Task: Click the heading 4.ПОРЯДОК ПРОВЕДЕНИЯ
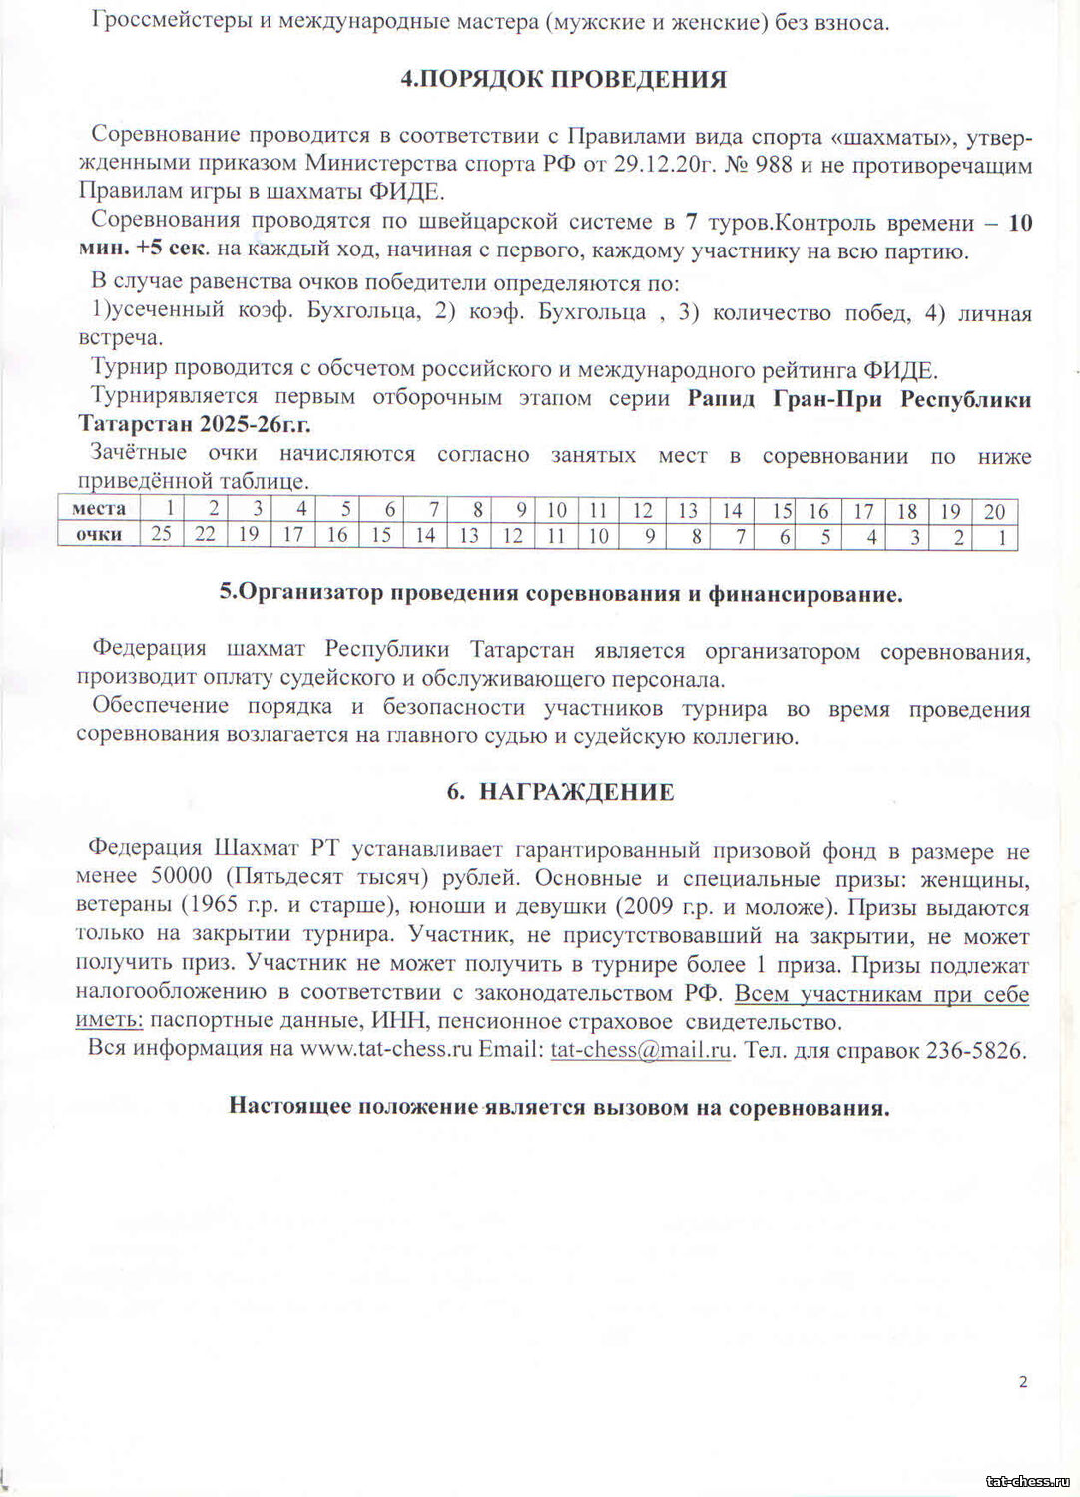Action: (563, 79)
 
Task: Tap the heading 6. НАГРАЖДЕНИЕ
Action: (560, 791)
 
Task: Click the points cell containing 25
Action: (161, 535)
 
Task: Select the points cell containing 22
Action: (205, 535)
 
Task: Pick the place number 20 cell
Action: (994, 511)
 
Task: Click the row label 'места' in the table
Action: (99, 509)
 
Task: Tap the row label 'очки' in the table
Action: (99, 535)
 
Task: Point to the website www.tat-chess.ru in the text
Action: (385, 1050)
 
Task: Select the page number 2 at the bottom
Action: (1023, 1382)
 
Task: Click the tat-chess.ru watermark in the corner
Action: (1027, 1481)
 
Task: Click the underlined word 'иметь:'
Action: (109, 1022)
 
